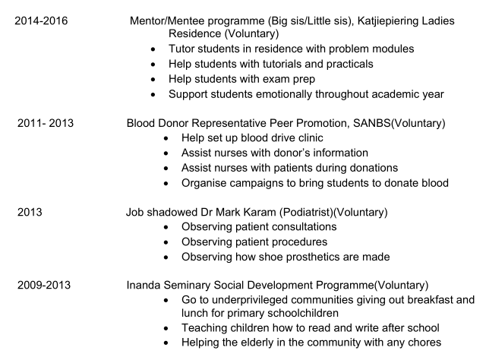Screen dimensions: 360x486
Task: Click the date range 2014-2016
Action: tap(41, 21)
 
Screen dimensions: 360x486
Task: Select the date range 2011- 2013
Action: tap(44, 123)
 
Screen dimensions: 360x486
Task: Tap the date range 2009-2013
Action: tap(44, 284)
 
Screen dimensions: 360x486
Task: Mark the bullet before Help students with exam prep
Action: tap(154, 79)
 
